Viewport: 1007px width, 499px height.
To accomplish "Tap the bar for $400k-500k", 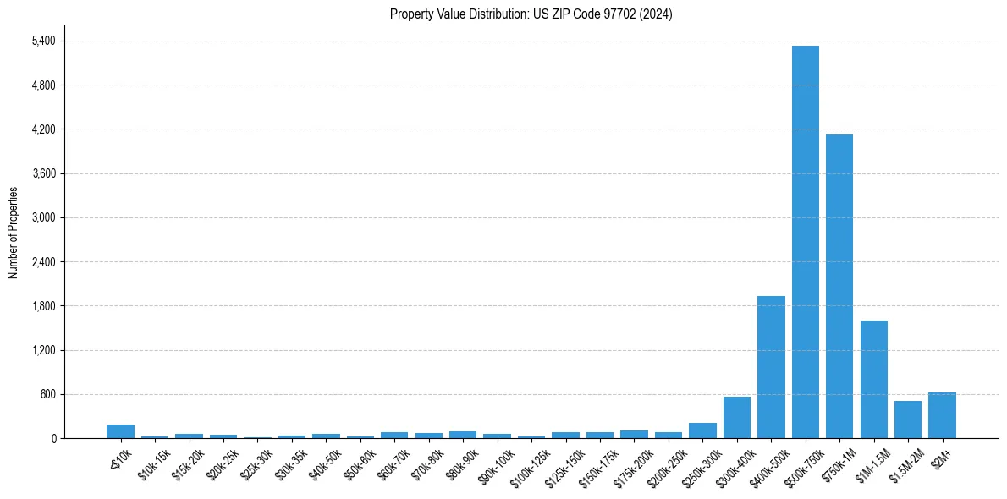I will pos(771,367).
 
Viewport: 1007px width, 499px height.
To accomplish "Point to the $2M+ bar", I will pos(942,415).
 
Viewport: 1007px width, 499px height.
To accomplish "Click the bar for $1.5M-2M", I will pos(908,419).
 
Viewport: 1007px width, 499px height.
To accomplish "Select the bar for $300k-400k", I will pos(736,418).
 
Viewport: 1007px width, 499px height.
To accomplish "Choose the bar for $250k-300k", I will pos(702,430).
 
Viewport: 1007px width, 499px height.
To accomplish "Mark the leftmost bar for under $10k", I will pos(120,431).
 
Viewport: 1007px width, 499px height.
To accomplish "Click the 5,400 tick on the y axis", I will pos(42,41).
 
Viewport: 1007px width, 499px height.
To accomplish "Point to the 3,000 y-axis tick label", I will pos(42,218).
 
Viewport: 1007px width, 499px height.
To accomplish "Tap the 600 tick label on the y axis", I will pos(47,394).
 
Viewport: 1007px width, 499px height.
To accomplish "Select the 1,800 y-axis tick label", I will pos(42,306).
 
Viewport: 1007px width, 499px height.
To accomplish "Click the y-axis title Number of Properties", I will pos(13,232).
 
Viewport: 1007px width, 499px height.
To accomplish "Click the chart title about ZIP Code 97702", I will pos(531,14).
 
